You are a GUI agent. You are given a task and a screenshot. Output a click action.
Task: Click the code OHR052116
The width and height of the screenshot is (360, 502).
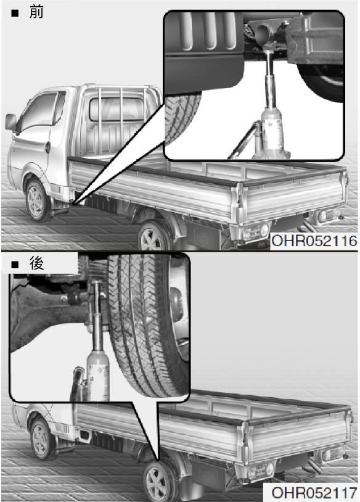[314, 241]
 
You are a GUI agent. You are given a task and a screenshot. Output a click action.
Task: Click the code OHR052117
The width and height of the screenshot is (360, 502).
[314, 493]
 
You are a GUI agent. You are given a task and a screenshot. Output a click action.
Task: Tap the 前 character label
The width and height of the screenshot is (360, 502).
[36, 12]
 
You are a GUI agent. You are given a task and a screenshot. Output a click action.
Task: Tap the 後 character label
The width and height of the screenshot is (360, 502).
[36, 263]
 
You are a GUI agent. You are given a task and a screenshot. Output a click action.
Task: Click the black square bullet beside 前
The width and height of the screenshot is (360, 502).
[15, 13]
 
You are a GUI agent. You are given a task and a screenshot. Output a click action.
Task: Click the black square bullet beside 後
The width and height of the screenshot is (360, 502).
[15, 265]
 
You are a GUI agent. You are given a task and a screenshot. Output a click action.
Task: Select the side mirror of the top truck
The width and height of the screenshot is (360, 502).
[10, 122]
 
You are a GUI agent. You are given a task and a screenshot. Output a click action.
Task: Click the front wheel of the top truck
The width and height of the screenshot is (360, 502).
[36, 200]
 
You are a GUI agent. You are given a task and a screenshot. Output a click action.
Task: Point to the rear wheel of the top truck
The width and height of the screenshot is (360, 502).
[153, 236]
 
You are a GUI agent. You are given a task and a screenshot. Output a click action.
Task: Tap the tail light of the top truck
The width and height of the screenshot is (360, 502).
[255, 231]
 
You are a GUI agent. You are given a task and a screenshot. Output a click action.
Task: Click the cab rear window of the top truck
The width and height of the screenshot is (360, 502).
[117, 109]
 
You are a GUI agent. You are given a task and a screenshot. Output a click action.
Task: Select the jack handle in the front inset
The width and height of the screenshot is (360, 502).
[244, 141]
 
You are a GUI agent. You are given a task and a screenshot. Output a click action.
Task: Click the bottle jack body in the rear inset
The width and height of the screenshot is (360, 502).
[98, 376]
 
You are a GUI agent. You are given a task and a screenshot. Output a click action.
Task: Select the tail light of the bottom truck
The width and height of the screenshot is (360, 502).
[261, 471]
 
